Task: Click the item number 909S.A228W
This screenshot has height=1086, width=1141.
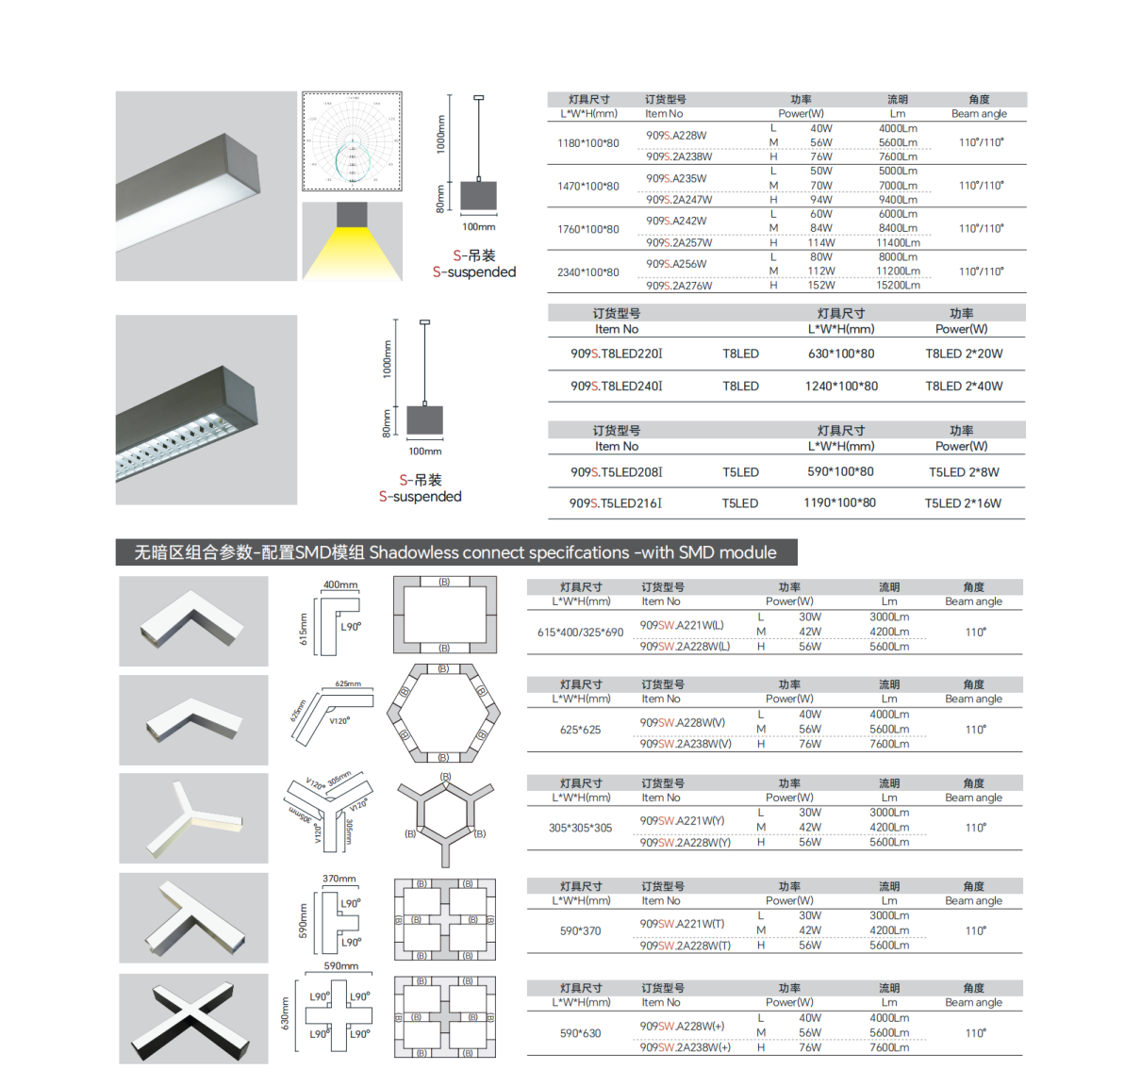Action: coord(676,136)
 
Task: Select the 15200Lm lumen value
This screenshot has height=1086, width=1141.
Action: coord(898,286)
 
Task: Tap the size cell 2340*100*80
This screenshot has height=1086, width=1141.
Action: coord(588,272)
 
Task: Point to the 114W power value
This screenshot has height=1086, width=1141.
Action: coord(820,243)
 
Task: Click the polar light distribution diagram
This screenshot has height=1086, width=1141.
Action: coord(352,141)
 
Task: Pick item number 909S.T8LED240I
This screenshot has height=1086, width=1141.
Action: coord(616,387)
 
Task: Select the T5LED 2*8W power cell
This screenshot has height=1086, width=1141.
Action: coord(964,472)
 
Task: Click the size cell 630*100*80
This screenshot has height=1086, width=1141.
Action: coord(841,354)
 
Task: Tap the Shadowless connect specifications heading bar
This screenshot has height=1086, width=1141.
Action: coord(455,552)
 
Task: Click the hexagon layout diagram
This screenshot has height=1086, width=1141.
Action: coord(443,713)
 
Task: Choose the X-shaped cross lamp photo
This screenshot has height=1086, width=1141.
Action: coord(193,1019)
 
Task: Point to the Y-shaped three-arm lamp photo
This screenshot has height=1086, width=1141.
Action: coord(193,818)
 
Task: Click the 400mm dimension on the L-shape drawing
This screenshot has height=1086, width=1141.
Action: coord(340,585)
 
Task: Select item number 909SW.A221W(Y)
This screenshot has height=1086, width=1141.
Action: coord(682,821)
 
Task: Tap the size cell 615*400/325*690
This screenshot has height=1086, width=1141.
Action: coord(580,633)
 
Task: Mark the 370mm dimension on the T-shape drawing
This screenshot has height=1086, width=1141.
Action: coord(339,879)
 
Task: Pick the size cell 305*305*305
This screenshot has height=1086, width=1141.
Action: coord(580,829)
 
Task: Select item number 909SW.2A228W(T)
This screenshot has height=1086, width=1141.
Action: coord(685,946)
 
